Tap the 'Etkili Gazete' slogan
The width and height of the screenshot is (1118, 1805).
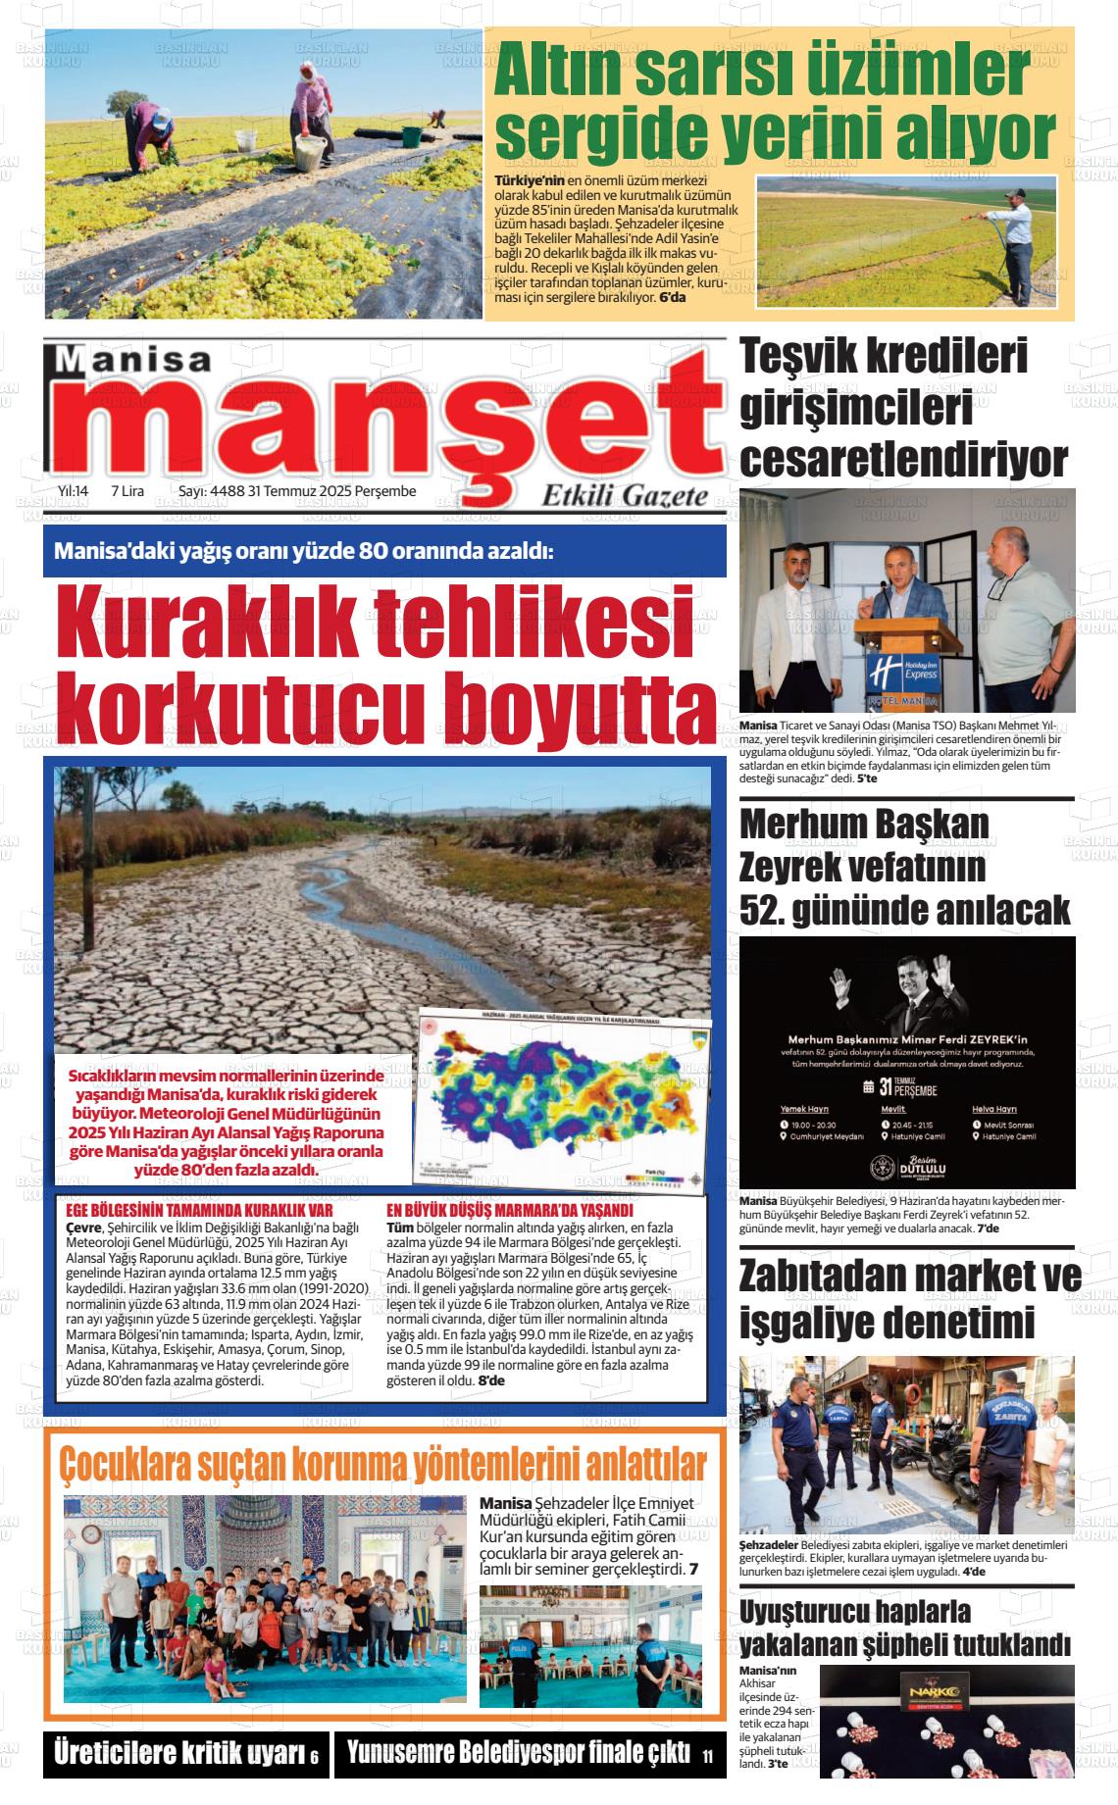click(x=625, y=497)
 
